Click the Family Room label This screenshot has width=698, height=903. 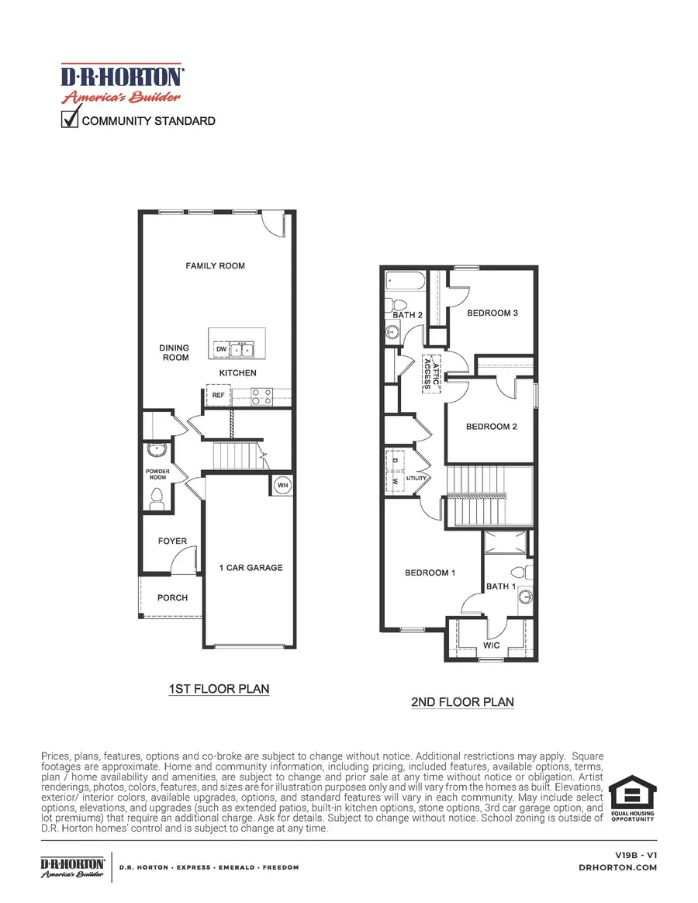coord(215,266)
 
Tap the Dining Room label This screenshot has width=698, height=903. coord(175,353)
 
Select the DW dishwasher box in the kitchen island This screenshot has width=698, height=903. coord(220,351)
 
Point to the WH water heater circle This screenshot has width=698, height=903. coord(282,486)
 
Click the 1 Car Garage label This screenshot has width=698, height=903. coord(251,568)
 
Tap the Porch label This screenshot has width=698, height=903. coord(172,597)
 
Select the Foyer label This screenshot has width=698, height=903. coord(172,541)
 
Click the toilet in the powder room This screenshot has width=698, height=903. coord(157,496)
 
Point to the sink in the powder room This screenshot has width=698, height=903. coord(157,451)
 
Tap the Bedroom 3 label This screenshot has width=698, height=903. coord(492,313)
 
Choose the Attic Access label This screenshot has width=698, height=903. coord(431,375)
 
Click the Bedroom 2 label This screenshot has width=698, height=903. coord(491,427)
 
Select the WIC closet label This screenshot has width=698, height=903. coord(491,645)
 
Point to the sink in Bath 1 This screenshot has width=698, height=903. coord(525,597)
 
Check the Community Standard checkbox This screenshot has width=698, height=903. coord(70,119)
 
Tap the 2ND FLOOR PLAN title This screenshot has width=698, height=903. coord(462,702)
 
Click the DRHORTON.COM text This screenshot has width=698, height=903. coord(618,867)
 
